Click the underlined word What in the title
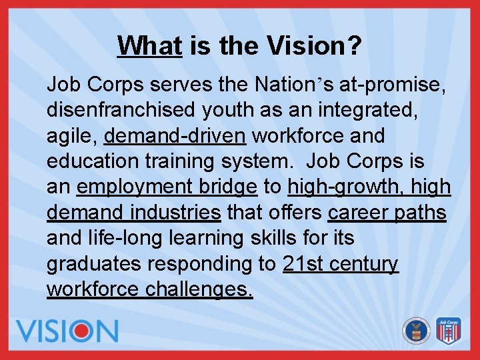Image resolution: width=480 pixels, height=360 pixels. click(149, 46)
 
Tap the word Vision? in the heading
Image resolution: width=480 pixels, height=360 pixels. click(314, 46)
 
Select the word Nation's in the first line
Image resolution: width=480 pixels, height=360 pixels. click(294, 85)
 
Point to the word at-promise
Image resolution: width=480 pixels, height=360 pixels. click(393, 85)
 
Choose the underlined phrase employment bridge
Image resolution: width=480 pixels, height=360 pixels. click(167, 187)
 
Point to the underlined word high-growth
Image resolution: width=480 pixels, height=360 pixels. click(339, 187)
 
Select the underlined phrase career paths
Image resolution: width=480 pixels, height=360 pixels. click(387, 213)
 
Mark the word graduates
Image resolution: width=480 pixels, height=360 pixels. click(94, 264)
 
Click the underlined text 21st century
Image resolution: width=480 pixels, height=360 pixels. click(340, 264)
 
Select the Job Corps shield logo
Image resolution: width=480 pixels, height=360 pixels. click(449, 330)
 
